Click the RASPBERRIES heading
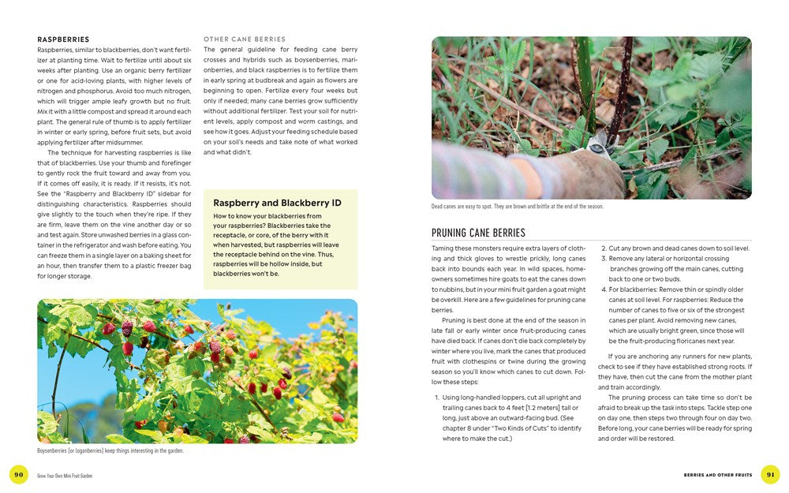point(63,39)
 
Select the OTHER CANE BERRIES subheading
point(245,39)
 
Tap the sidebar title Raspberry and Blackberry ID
point(277,203)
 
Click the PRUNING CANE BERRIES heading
point(478,233)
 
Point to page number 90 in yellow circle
point(19,474)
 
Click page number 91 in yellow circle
point(770,474)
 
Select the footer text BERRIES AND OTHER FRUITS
point(716,475)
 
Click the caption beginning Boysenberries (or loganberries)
point(110,451)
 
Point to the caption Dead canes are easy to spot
point(517,207)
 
